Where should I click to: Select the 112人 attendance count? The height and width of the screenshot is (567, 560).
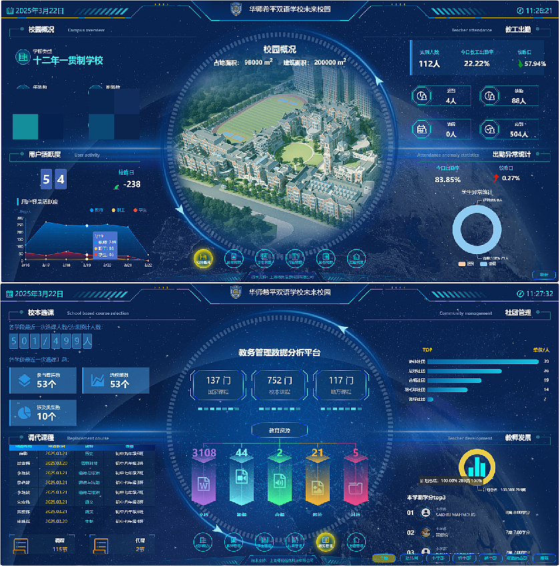pos(429,63)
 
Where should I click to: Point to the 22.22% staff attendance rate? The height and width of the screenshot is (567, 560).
pos(477,63)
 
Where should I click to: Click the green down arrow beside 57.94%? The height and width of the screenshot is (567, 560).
pos(520,64)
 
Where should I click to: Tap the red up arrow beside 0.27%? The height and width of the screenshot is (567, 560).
pos(495,178)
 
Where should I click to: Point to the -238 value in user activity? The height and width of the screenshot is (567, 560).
pos(131,184)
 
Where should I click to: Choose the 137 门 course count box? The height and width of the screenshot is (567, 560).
pos(214,385)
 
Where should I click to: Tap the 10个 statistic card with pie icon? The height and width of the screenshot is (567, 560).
pos(43,412)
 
